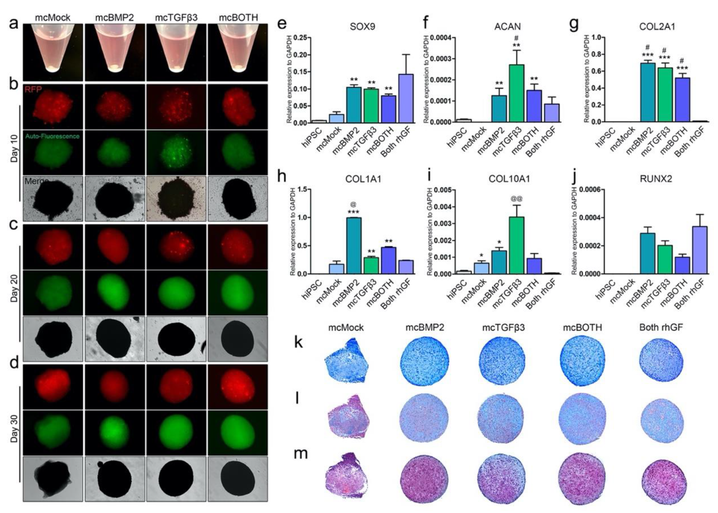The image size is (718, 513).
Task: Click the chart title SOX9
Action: click(x=362, y=26)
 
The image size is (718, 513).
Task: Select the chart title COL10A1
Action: click(x=509, y=179)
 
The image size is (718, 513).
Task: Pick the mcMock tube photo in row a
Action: click(x=53, y=52)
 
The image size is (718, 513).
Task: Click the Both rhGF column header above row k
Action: click(x=661, y=327)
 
